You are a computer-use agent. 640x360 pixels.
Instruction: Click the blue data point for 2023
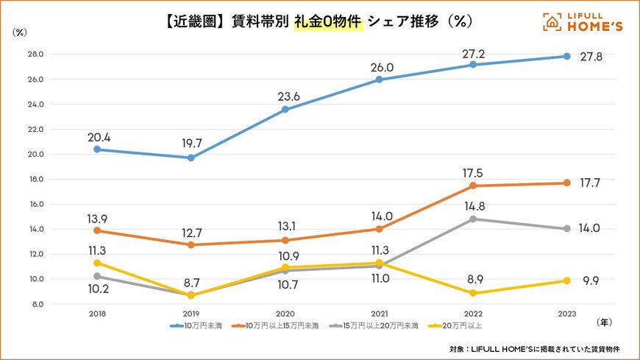(566, 57)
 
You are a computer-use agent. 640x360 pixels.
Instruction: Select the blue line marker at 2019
(191, 158)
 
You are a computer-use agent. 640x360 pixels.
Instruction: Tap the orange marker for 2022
(472, 186)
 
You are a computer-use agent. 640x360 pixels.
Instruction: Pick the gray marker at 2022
(472, 219)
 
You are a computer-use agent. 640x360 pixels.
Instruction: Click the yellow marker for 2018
(97, 263)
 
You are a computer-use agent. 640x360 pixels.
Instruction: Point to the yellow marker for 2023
(566, 280)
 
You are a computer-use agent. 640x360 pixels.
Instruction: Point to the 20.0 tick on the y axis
(35, 155)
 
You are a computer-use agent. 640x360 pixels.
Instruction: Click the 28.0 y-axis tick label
(35, 54)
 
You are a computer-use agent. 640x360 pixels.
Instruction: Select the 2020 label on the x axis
(285, 312)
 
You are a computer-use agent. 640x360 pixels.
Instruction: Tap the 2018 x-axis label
(97, 312)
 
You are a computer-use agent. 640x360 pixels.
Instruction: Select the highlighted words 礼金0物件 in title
(329, 22)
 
